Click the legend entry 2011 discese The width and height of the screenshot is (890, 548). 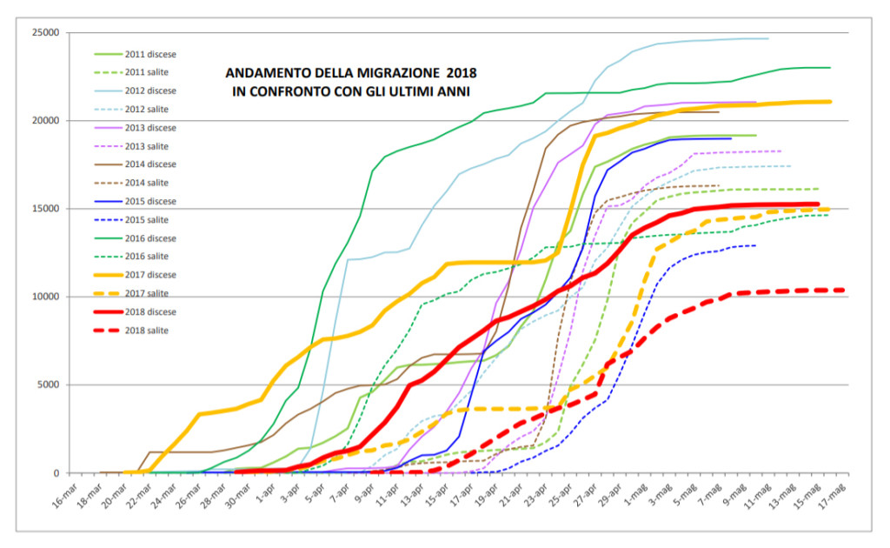click(149, 53)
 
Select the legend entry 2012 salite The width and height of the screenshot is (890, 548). click(148, 109)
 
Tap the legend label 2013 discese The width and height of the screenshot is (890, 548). click(149, 127)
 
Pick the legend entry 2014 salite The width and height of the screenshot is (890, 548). click(148, 183)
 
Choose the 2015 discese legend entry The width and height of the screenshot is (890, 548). click(149, 201)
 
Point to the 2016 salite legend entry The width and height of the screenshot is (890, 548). click(148, 257)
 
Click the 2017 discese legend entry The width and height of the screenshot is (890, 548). click(149, 275)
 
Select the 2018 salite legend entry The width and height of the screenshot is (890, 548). click(148, 331)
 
